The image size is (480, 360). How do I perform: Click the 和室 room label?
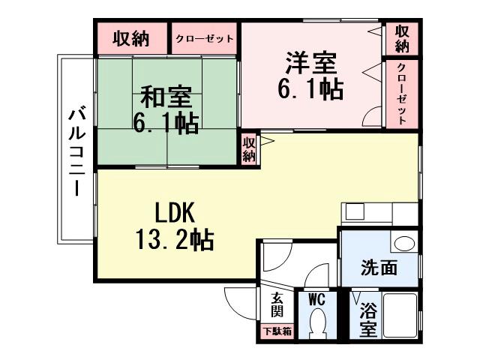(x=166, y=97)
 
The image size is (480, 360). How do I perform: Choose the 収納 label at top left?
(x=130, y=39)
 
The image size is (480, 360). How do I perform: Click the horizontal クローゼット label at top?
(x=204, y=39)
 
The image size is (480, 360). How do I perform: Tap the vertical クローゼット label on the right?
(x=401, y=94)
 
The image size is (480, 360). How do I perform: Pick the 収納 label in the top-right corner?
(x=402, y=39)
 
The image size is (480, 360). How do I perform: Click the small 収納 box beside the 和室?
(x=249, y=148)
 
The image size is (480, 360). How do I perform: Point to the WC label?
(x=316, y=299)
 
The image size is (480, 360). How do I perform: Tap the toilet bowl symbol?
(x=316, y=324)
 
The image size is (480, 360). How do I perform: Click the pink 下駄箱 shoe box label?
(x=277, y=331)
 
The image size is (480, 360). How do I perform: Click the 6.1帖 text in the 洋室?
(x=310, y=88)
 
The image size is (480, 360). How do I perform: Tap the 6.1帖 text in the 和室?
(x=166, y=122)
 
